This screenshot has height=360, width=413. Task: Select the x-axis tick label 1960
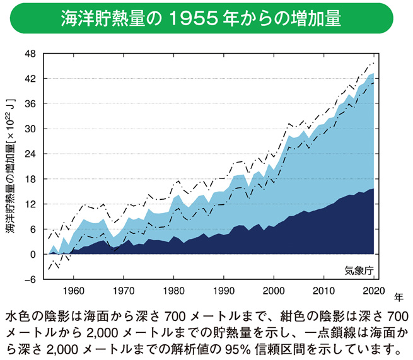tap(74, 290)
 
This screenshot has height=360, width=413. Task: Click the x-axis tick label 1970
tap(124, 290)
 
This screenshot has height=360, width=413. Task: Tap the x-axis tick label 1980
tap(173, 290)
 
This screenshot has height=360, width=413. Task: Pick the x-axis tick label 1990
tap(224, 290)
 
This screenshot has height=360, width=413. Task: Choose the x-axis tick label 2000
tap(274, 290)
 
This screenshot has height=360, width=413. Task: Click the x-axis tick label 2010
tap(323, 290)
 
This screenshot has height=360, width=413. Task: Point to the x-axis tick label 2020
tap(373, 290)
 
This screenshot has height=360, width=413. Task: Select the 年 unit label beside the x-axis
tap(398, 295)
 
